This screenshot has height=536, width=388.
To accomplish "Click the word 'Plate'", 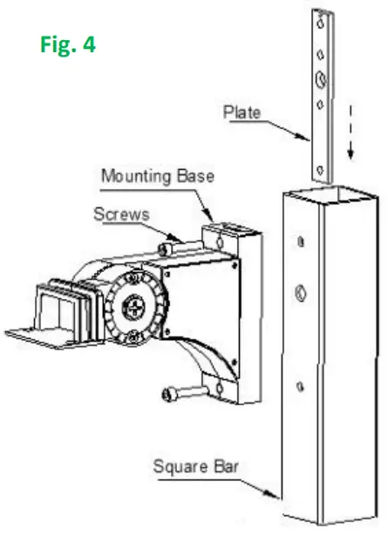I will pos(240,113).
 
